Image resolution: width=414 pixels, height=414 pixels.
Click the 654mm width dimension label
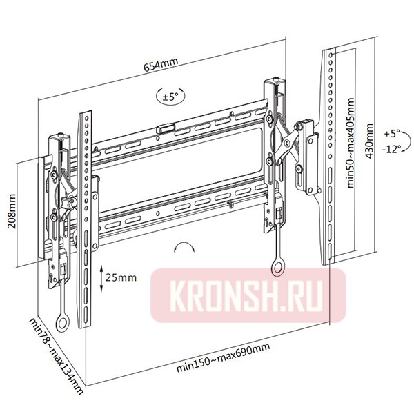160,66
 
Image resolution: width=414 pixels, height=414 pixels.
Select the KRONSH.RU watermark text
249,293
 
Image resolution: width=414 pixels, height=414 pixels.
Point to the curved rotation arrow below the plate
186,248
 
